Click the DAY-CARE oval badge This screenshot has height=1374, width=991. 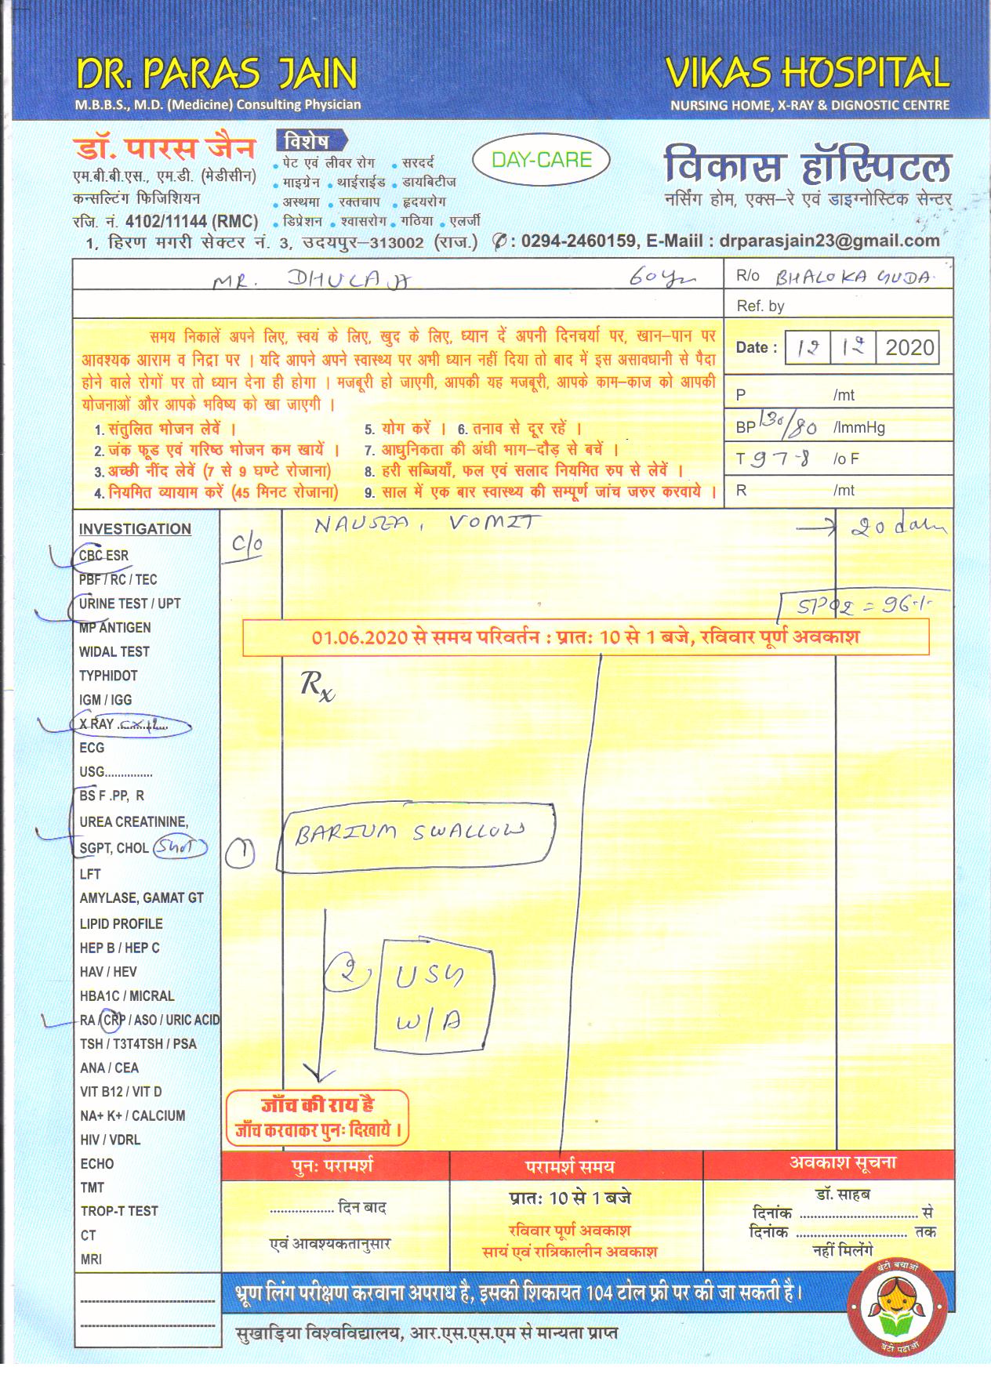tap(541, 161)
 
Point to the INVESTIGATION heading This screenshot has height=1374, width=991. tap(135, 529)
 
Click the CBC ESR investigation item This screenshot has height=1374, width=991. tap(103, 556)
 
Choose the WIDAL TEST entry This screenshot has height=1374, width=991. tap(114, 651)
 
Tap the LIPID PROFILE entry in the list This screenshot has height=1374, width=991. tap(121, 923)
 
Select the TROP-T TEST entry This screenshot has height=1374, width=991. tap(119, 1211)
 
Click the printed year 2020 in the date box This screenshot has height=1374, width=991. tap(909, 348)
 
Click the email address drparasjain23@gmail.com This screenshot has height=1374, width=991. tap(829, 241)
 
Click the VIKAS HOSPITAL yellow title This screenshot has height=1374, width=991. tap(807, 74)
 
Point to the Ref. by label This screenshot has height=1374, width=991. tap(760, 306)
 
